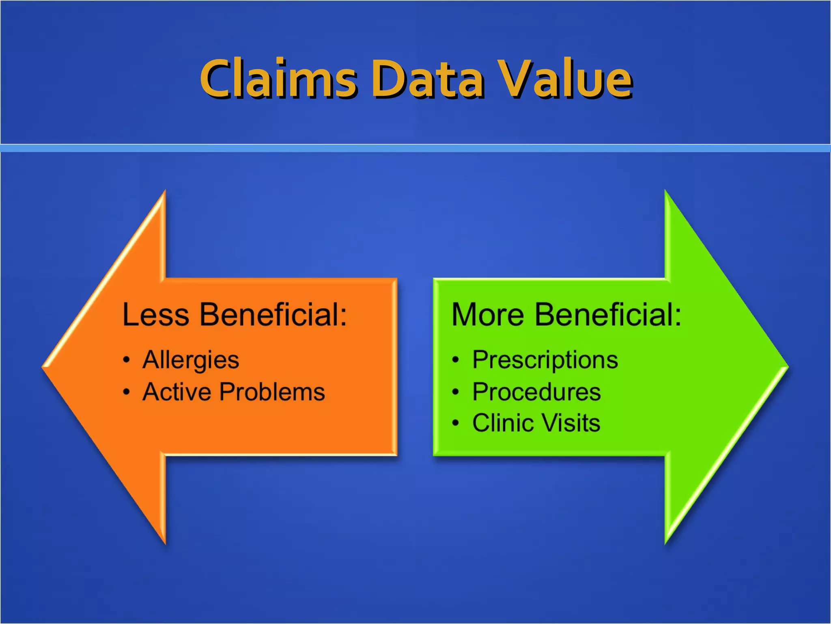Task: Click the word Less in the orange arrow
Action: coord(156,314)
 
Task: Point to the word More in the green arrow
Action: coord(488,314)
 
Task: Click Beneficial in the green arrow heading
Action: coord(607,314)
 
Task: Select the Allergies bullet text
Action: coord(191,360)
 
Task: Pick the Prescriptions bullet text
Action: coord(545,360)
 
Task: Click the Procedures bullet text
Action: coord(536,392)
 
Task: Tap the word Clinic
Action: coord(503,423)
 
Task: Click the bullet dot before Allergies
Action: coord(127,360)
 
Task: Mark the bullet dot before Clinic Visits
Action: coord(456,423)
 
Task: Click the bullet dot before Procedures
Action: coord(456,392)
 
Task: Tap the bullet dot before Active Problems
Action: coord(127,392)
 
